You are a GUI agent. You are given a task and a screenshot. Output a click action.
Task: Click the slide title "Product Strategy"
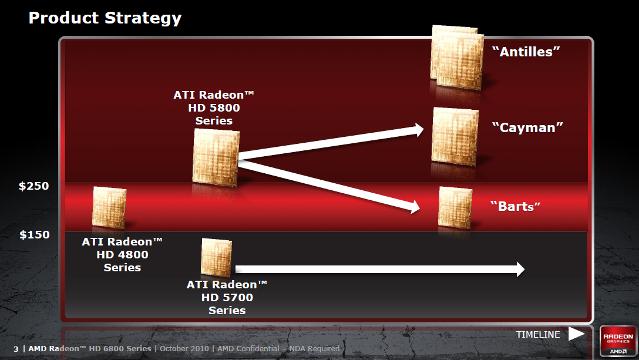pyautogui.click(x=105, y=18)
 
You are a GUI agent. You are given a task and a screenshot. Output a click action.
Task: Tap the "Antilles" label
pyautogui.click(x=526, y=52)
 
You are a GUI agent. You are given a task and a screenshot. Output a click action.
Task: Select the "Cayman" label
pyautogui.click(x=527, y=127)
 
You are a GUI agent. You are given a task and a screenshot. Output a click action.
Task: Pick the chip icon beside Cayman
pyautogui.click(x=455, y=136)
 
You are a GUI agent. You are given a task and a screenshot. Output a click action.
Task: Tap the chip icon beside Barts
pyautogui.click(x=456, y=207)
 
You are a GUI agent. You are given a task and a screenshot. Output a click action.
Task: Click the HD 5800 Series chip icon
pyautogui.click(x=216, y=156)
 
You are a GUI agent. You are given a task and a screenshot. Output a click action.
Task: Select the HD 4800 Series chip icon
pyautogui.click(x=109, y=207)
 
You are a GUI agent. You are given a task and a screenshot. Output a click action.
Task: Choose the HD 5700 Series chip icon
pyautogui.click(x=217, y=257)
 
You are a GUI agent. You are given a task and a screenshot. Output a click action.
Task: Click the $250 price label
pyautogui.click(x=34, y=186)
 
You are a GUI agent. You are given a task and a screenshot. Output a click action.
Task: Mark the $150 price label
pyautogui.click(x=34, y=235)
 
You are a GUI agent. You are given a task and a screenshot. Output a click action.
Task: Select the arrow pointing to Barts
pyautogui.click(x=329, y=184)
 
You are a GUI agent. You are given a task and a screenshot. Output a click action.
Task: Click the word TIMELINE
pyautogui.click(x=538, y=335)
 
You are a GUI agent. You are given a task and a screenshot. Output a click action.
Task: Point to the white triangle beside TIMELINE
pyautogui.click(x=576, y=334)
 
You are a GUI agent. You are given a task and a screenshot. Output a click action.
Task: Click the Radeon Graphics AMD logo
pyautogui.click(x=617, y=341)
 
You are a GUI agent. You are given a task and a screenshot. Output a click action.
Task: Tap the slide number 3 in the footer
pyautogui.click(x=16, y=349)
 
